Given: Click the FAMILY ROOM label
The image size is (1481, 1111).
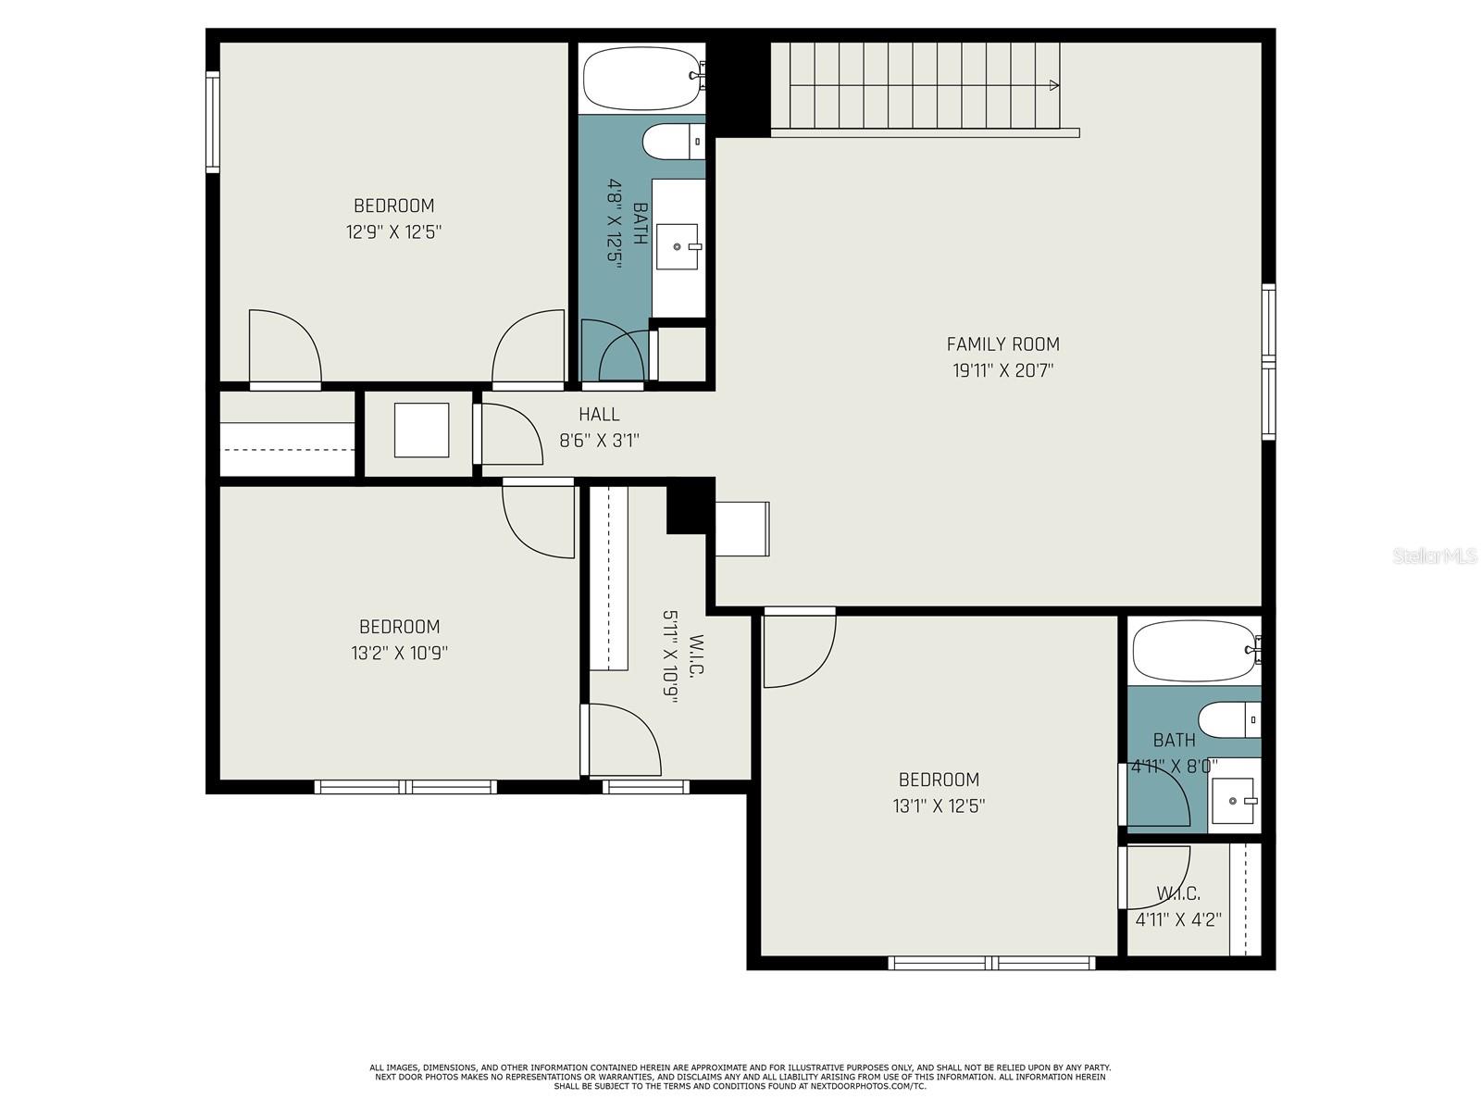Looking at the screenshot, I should coord(1002,344).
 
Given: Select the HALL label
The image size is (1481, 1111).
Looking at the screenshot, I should coord(599,415).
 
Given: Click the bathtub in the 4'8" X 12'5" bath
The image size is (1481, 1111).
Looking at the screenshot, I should coord(641,78).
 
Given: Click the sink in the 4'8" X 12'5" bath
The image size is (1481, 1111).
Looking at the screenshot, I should coord(677,246).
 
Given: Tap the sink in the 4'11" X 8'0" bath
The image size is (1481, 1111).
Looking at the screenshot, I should coord(1234,801).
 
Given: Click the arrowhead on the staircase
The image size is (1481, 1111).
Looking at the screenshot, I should coord(1054,85).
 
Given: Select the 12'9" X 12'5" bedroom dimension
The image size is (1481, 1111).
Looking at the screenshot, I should coord(393,231).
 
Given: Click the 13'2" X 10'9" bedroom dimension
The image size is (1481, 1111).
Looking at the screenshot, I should coord(399,653).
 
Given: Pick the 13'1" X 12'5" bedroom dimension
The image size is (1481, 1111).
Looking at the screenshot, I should coord(939,805).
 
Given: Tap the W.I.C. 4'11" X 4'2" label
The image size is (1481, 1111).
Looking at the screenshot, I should coord(1178,907).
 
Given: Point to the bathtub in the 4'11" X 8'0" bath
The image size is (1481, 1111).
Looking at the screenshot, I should coord(1192,651).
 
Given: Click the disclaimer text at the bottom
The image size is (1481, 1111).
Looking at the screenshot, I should coord(740,1077).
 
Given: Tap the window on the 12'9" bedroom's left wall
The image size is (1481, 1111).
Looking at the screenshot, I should coord(213,122).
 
